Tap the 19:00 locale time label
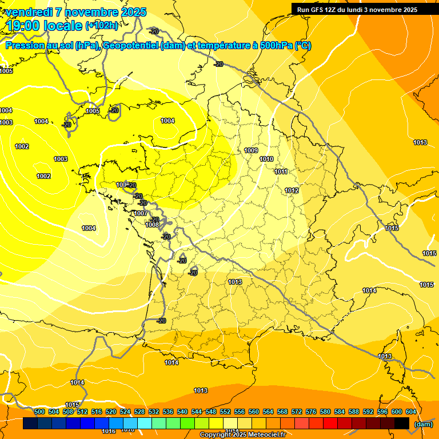tap(43, 25)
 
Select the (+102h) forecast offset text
tap(102, 25)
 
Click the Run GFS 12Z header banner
tap(357, 9)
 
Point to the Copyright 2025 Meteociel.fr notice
tap(243, 435)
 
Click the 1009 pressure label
tap(251, 150)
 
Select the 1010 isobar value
tap(266, 159)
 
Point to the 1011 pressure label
tap(281, 171)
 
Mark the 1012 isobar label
tap(292, 190)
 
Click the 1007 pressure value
tap(141, 213)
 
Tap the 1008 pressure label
tap(152, 225)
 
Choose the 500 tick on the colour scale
tap(39, 412)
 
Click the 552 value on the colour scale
tap(225, 412)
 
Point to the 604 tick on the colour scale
tap(411, 412)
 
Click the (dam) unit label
tap(423, 424)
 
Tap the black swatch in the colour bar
tap(402, 424)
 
